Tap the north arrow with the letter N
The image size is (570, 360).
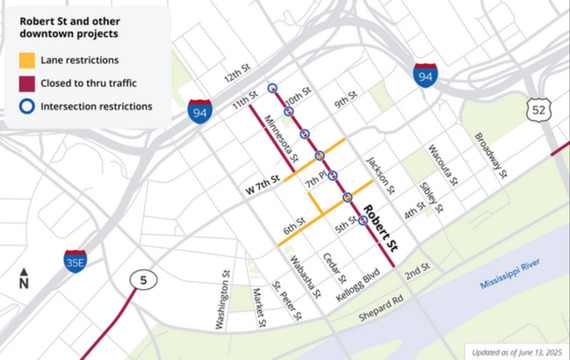pos(23,278)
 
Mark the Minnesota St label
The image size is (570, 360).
pos(283,138)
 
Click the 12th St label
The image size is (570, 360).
pos(236,78)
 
